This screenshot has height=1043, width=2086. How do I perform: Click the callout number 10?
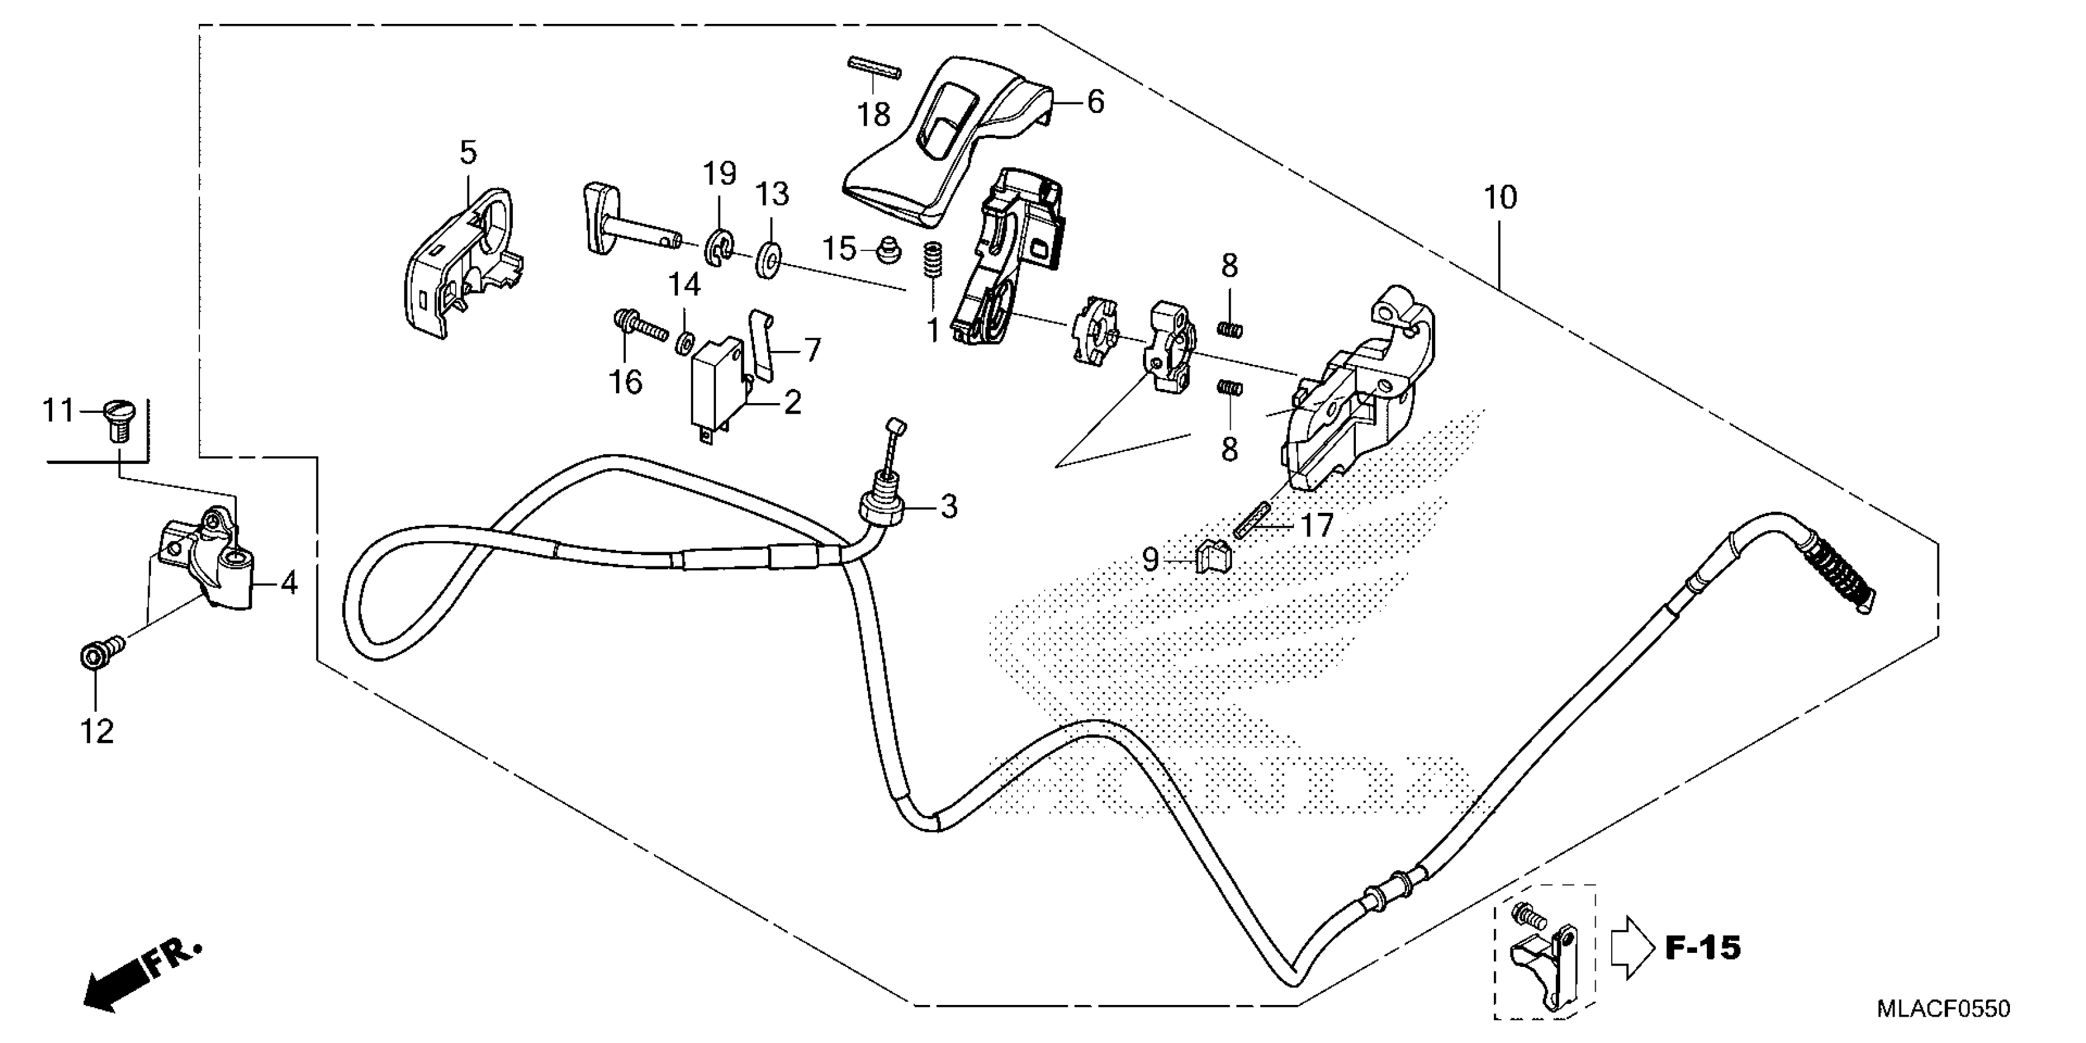(1499, 198)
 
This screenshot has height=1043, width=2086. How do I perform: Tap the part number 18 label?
(874, 115)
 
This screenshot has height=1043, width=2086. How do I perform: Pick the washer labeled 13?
(767, 258)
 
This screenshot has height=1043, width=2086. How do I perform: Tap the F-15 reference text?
(1703, 947)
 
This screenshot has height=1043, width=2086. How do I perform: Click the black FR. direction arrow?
(114, 988)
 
